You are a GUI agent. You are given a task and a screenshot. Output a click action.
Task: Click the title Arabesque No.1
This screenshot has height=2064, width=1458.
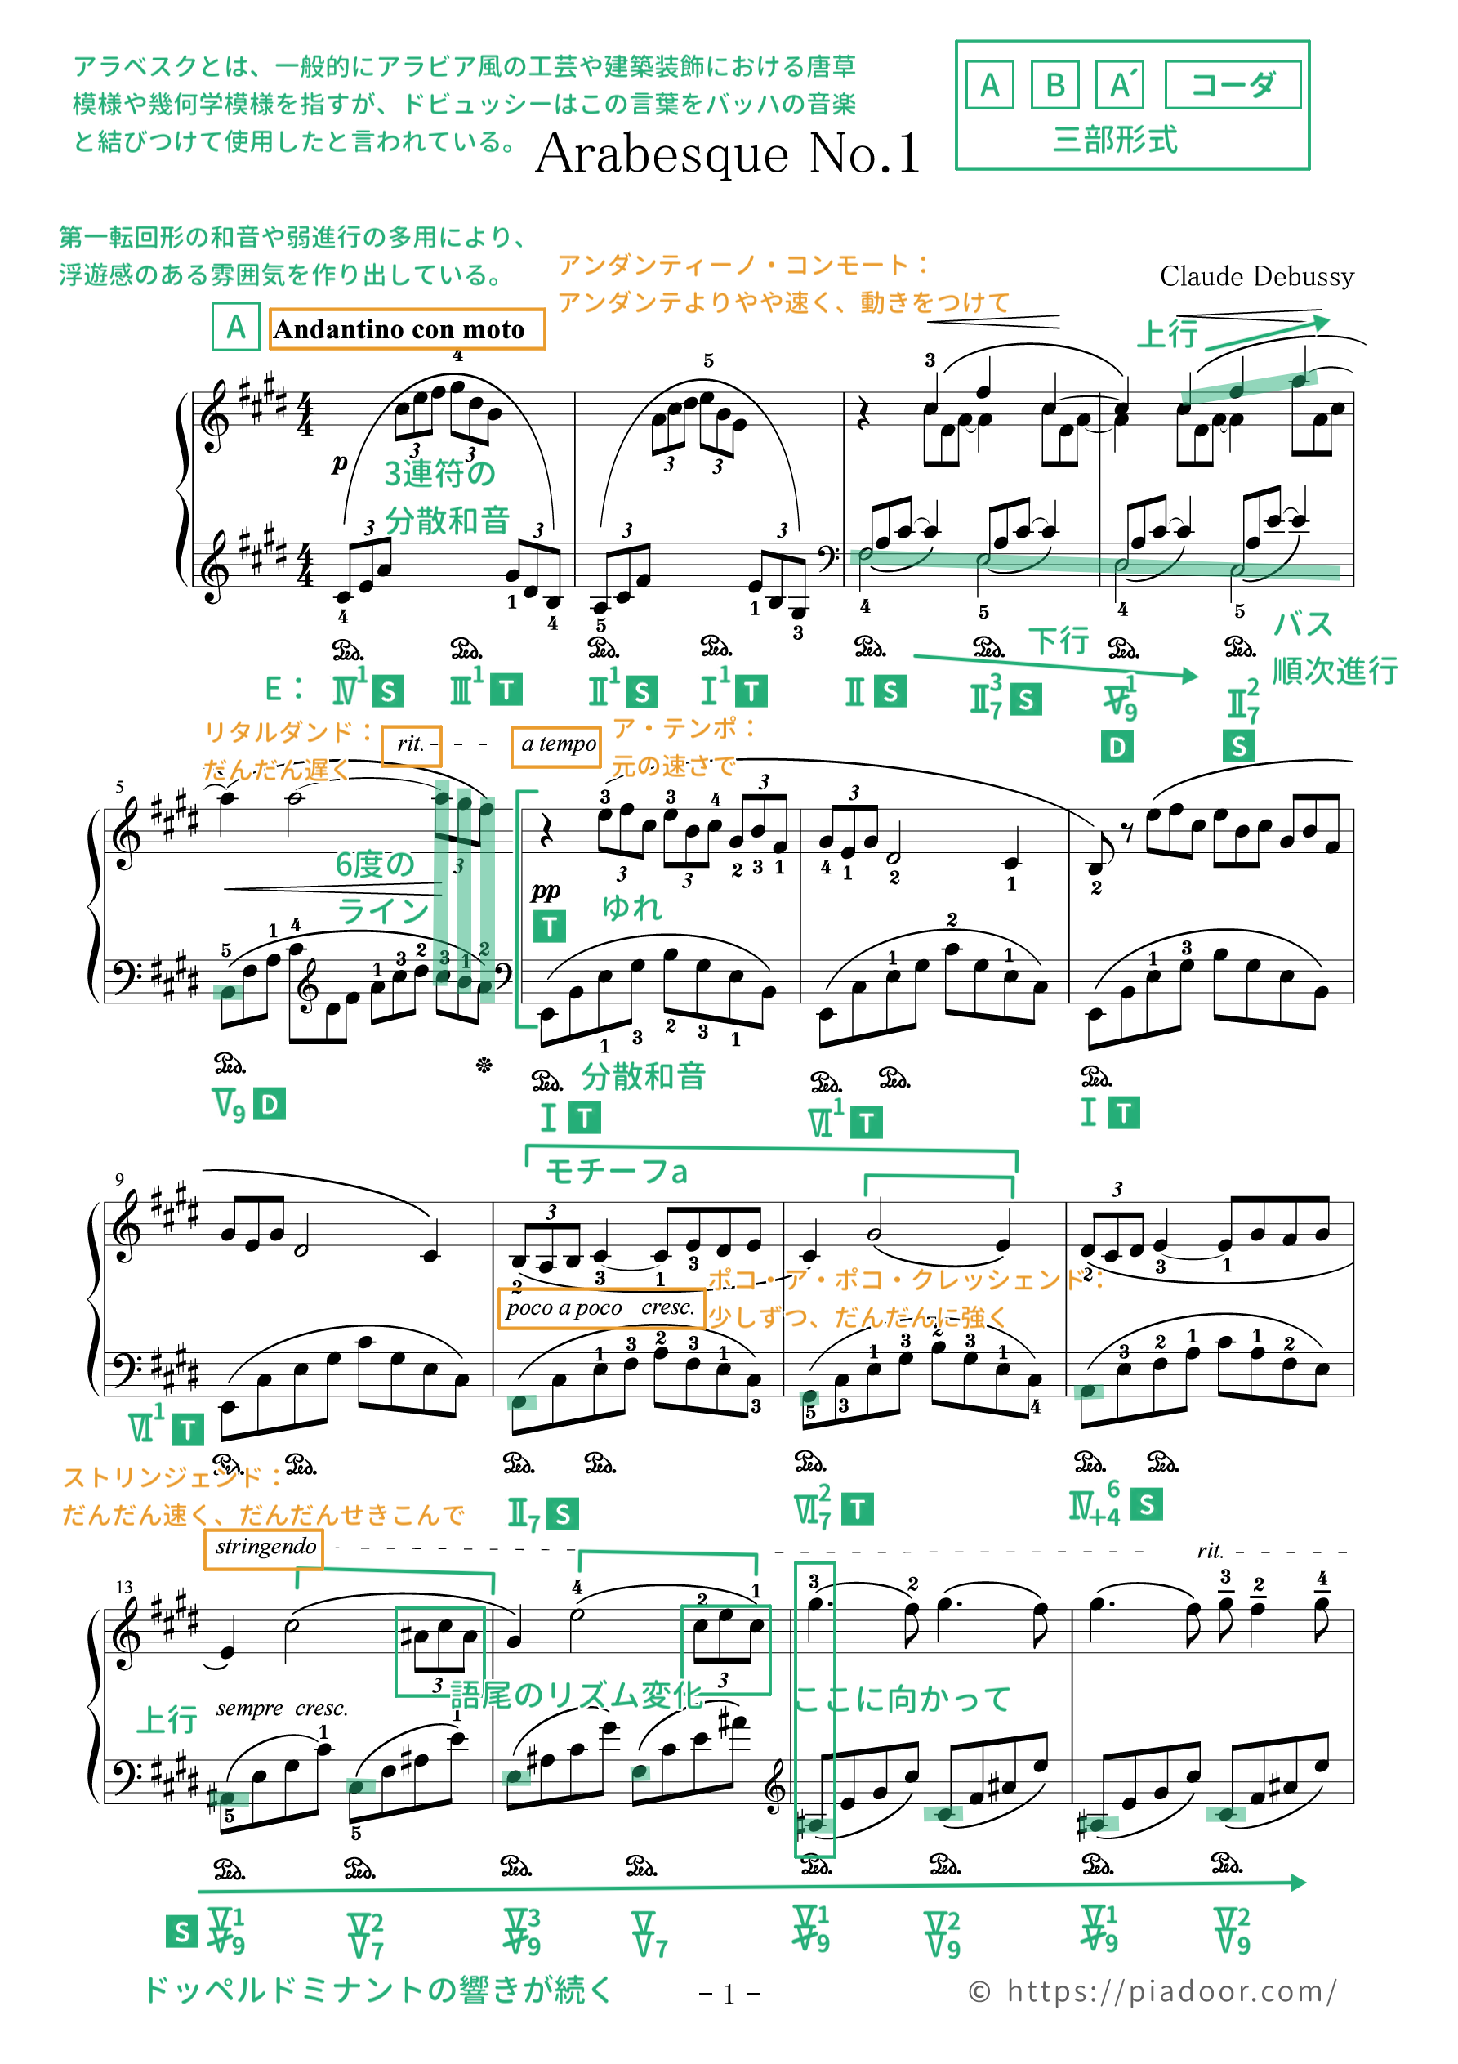(x=728, y=153)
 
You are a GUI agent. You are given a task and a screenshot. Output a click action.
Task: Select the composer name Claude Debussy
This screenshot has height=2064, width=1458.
(x=1255, y=277)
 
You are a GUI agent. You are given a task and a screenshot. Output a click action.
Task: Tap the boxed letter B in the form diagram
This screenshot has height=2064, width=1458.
(x=1054, y=86)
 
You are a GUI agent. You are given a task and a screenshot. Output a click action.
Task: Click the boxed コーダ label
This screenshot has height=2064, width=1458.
(x=1233, y=86)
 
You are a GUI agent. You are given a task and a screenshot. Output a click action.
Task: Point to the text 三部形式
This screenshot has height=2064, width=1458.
(x=1115, y=141)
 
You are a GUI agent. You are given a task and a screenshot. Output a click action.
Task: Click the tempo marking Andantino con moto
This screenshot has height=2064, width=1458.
(x=399, y=329)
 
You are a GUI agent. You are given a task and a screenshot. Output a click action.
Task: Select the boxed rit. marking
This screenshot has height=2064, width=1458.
(x=412, y=745)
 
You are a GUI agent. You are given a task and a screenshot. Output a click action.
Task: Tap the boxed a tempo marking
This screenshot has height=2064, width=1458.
(x=556, y=745)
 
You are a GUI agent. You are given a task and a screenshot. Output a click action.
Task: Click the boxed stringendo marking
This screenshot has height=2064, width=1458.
(x=265, y=1547)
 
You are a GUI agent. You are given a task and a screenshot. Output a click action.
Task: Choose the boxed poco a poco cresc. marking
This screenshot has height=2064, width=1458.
(x=600, y=1308)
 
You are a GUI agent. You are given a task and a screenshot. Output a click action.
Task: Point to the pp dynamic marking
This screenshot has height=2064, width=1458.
(x=545, y=890)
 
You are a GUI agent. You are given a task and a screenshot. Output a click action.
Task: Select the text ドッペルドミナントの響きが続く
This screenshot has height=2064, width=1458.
(x=377, y=1989)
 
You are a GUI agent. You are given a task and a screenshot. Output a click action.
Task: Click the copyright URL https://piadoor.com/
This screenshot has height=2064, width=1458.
(x=1171, y=1990)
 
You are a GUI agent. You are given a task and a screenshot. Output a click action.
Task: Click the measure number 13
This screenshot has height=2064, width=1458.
(x=124, y=1587)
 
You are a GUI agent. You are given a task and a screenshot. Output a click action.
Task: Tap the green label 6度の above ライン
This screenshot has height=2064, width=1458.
(x=375, y=864)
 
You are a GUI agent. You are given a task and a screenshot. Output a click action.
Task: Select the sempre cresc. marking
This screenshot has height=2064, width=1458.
(x=281, y=1708)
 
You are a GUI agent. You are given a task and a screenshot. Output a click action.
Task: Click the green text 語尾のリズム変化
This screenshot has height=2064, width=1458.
(x=575, y=1695)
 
